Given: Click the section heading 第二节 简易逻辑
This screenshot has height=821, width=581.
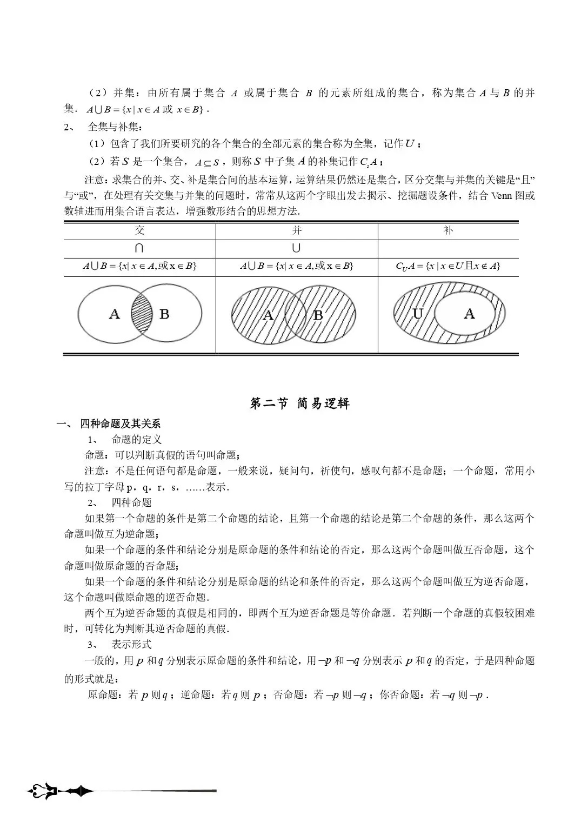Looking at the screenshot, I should tap(299, 403).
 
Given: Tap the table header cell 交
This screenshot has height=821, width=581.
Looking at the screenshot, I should tap(139, 230).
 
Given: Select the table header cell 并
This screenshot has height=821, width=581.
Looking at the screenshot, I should tap(297, 230).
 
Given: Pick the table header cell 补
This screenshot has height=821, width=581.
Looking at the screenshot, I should tap(448, 230).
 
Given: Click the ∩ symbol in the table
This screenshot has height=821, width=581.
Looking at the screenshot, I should tap(139, 248).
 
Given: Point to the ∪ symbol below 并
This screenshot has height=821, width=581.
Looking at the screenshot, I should tap(296, 248).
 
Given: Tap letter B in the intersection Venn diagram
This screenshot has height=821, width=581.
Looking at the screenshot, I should tap(165, 314).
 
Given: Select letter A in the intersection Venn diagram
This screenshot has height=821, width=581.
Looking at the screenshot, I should tap(114, 314).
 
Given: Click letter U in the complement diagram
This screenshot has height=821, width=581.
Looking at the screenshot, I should tap(417, 313).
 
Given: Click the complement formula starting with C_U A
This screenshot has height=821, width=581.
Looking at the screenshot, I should tap(448, 266).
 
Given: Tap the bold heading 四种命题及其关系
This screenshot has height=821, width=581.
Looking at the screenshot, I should tap(120, 423).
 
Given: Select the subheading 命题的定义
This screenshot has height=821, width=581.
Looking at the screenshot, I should tap(136, 439).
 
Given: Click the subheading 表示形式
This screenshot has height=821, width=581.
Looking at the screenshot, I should tap(131, 644).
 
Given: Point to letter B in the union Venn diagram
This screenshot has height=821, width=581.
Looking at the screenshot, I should tap(318, 315).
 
